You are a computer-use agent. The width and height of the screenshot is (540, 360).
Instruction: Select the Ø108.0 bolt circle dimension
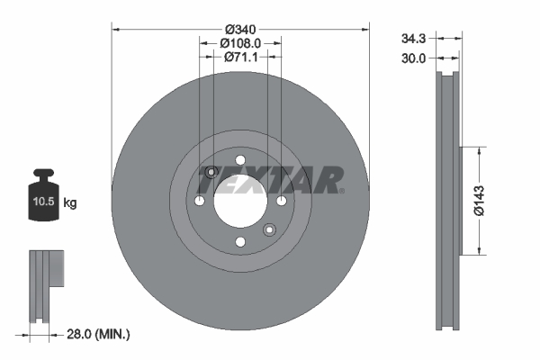[240, 42]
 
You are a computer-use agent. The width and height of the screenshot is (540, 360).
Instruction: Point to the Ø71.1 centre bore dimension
[240, 58]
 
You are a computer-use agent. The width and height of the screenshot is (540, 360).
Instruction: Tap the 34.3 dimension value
[413, 38]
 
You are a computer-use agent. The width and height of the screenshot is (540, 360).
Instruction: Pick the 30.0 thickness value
[413, 58]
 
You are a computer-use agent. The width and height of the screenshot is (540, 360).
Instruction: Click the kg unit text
[71, 204]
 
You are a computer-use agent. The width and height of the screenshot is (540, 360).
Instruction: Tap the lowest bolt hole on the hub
[239, 241]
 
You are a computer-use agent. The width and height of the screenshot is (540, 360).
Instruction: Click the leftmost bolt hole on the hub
[199, 201]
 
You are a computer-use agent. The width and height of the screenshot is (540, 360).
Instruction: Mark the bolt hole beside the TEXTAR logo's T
[281, 201]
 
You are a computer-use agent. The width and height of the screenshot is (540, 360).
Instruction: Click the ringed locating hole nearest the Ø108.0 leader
[211, 173]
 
